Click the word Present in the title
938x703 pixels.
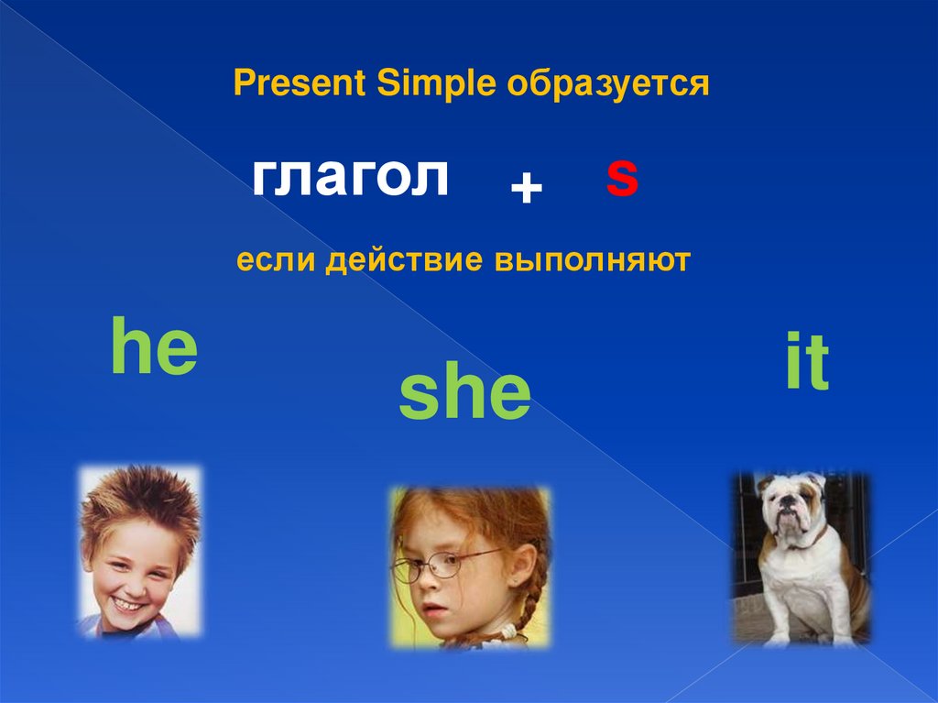click(300, 82)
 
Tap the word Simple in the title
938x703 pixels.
click(437, 83)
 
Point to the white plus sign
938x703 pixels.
click(527, 187)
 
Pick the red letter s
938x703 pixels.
click(622, 177)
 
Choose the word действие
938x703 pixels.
click(404, 260)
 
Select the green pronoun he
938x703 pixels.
click(154, 346)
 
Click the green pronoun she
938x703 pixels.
click(464, 393)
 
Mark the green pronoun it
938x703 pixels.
click(807, 360)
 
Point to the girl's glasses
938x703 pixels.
click(446, 565)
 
